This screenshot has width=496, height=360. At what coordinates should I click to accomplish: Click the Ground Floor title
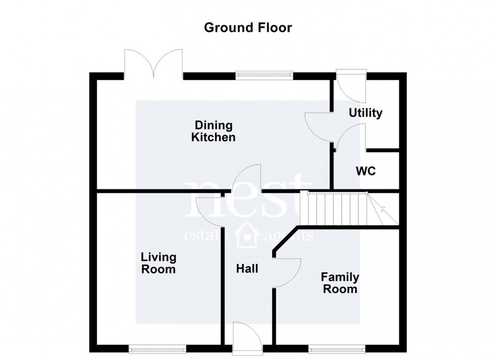(x=247, y=27)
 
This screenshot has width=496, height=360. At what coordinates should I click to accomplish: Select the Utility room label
(x=365, y=113)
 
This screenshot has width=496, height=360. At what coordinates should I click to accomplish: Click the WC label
(x=365, y=171)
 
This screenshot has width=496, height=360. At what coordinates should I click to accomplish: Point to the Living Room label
(x=158, y=263)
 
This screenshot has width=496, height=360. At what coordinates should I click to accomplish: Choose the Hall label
(x=247, y=268)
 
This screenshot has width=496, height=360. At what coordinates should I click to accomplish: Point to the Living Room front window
(x=156, y=348)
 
